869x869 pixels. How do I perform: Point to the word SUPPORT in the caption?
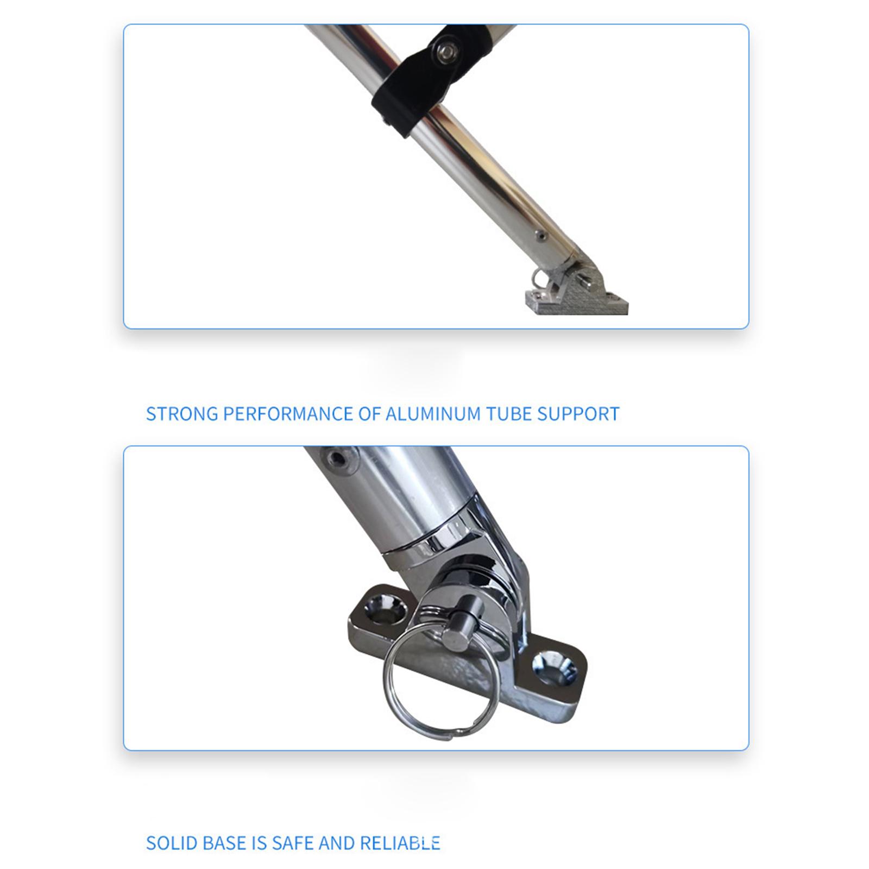click(578, 414)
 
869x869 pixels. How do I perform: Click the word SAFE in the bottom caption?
click(292, 843)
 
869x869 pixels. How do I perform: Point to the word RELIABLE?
click(400, 843)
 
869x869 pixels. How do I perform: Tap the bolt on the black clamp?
click(447, 52)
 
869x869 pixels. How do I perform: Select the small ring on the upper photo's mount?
click(539, 278)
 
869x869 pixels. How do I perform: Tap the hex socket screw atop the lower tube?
click(337, 459)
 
